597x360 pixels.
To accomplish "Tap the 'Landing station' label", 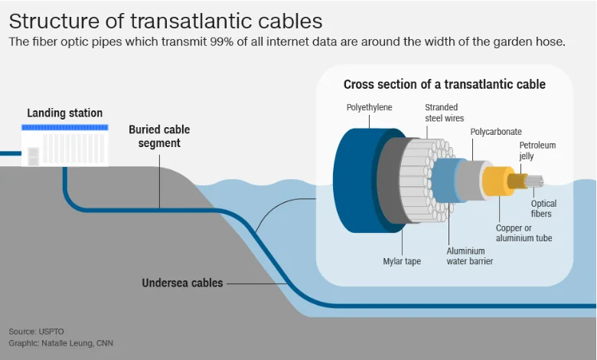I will click(x=64, y=113).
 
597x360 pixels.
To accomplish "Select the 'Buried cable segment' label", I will click(x=159, y=136).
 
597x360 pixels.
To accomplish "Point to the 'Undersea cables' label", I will click(x=182, y=283).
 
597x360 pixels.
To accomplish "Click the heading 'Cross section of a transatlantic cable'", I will click(x=444, y=84).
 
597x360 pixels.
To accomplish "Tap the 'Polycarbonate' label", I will click(x=495, y=132).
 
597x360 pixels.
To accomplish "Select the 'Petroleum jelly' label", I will click(x=537, y=150).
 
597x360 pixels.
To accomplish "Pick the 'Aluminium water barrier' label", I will click(x=470, y=256).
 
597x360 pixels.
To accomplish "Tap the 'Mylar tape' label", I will click(x=402, y=261).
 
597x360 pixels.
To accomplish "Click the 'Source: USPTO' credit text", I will click(x=37, y=331).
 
